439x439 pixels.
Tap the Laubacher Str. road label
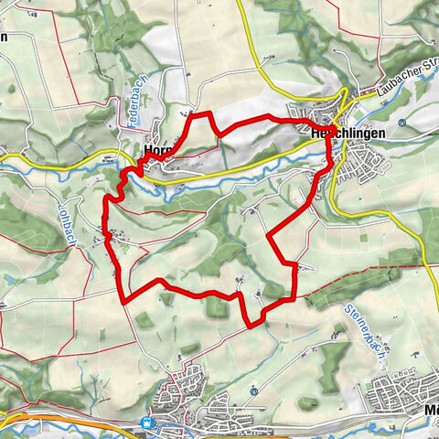coord(409,81)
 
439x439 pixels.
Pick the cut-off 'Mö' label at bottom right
coord(431,411)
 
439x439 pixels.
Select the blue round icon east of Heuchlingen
coord(402,122)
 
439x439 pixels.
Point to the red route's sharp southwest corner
coord(123,298)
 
